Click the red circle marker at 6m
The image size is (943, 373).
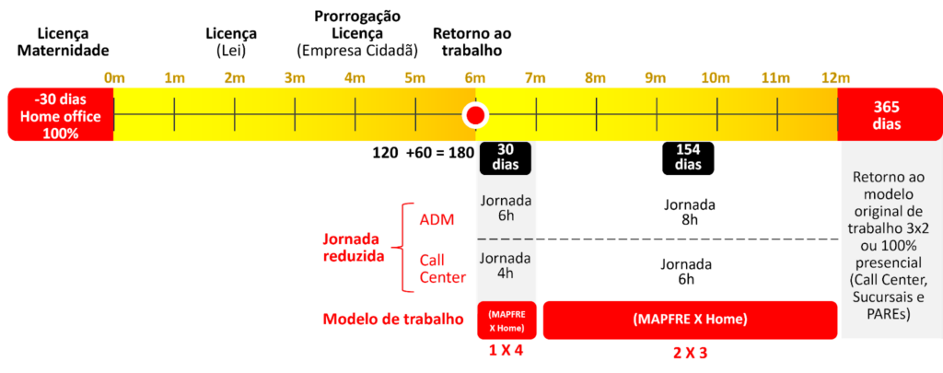tap(475, 116)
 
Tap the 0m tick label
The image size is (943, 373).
tap(114, 78)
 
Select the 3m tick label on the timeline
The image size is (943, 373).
tap(295, 78)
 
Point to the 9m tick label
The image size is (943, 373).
tap(656, 78)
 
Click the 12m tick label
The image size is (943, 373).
tap(836, 78)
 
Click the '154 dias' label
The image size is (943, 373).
tap(688, 157)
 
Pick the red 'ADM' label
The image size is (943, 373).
tap(436, 219)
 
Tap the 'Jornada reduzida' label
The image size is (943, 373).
tap(354, 247)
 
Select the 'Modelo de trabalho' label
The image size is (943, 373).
tap(393, 320)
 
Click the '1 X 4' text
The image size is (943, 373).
tap(506, 351)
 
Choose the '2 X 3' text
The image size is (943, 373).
tap(690, 351)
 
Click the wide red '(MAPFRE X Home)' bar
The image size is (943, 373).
tap(690, 320)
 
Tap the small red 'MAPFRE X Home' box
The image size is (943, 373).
tap(506, 320)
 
